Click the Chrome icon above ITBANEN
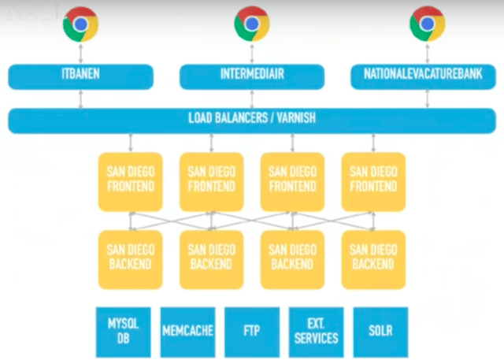tap(80, 24)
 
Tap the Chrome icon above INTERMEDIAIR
tap(251, 24)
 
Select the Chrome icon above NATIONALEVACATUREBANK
tap(428, 24)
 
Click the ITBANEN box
tap(80, 76)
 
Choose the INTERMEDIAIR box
tap(252, 76)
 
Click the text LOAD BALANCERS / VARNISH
tap(252, 121)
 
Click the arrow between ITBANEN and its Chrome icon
tap(80, 54)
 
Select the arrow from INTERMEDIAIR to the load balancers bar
tap(252, 98)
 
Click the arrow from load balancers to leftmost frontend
tap(131, 143)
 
